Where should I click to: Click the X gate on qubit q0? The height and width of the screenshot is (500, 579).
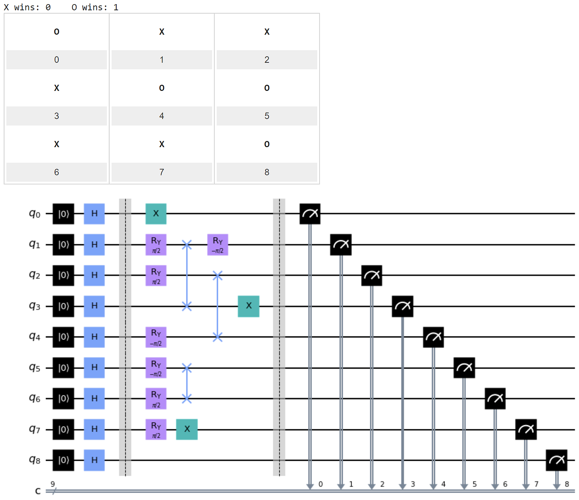coord(156,214)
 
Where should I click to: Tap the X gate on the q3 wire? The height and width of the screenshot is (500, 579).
coord(249,306)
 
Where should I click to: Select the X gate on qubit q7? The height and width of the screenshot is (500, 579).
coord(187,429)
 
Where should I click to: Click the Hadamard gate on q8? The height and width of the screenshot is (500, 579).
coord(94,460)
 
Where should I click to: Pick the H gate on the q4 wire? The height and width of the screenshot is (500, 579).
coord(94,337)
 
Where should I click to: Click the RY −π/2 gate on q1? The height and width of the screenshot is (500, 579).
coord(218,245)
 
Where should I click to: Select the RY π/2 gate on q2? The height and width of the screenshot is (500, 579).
coord(156,276)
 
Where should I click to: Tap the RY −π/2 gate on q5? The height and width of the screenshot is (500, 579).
coord(156,368)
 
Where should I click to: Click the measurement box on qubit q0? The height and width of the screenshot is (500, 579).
coord(310,214)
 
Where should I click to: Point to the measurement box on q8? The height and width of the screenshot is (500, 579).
coord(556,460)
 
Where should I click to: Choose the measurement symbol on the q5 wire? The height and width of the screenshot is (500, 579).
coord(464,368)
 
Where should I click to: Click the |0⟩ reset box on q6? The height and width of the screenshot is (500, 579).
coord(63,398)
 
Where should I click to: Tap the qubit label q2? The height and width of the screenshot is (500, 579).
coord(34,275)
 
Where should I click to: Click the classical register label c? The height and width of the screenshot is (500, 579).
coord(38,491)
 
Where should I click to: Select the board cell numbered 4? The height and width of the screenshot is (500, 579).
coord(162,116)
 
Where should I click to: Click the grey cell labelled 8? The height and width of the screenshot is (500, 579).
coord(267,172)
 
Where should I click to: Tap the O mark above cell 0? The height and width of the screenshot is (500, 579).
coord(57,32)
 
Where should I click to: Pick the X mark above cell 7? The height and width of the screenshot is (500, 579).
coord(162,144)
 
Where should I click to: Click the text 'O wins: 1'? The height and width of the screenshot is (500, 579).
coord(95,7)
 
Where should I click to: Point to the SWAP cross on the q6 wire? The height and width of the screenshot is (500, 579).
coord(187,398)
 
